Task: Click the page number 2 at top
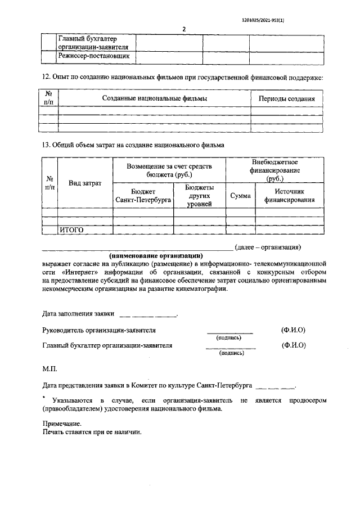tap(183, 29)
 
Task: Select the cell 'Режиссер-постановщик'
tap(95, 57)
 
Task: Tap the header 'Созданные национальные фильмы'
tap(155, 98)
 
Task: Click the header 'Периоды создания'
tap(286, 98)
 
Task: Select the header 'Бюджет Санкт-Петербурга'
tap(143, 195)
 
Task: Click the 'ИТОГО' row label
tap(71, 230)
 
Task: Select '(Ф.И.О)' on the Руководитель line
tap(293, 330)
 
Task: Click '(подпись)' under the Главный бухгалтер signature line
tap(231, 353)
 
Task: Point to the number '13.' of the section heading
tap(47, 145)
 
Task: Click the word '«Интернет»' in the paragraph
tap(75, 272)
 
